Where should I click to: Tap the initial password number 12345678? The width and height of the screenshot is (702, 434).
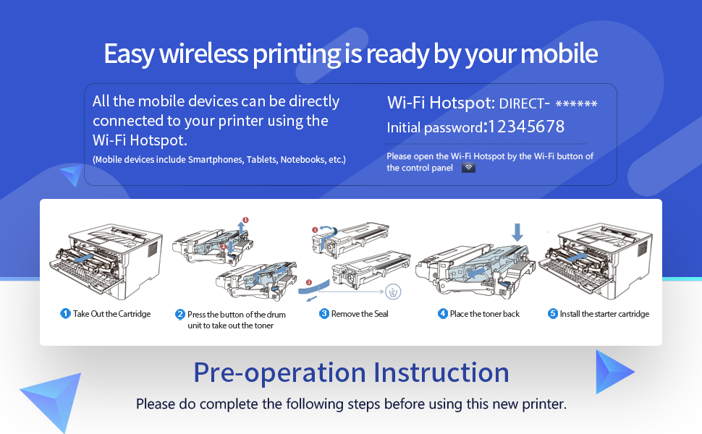(526, 127)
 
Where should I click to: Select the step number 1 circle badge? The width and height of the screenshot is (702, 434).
(65, 314)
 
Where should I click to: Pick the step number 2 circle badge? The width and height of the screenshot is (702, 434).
(180, 315)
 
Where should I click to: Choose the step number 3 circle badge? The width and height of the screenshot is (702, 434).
(324, 314)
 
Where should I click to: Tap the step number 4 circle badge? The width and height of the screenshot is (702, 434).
(443, 314)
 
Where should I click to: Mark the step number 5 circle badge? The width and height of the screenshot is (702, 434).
(553, 314)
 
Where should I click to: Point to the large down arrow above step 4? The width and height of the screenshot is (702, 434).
(517, 232)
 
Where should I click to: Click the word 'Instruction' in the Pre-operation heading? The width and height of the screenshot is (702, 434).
(441, 373)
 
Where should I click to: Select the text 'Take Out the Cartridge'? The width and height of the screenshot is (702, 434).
(111, 314)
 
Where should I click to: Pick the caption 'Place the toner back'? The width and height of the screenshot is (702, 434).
(485, 314)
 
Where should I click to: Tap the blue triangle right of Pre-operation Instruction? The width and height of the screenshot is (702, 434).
(613, 372)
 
